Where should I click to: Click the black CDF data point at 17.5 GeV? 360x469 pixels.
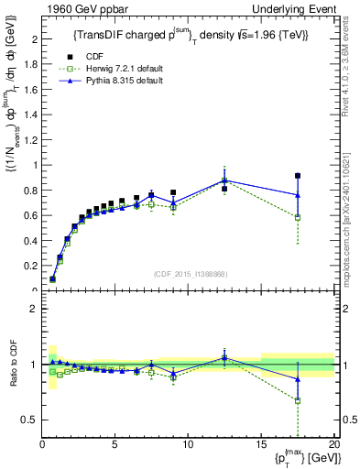click(298, 176)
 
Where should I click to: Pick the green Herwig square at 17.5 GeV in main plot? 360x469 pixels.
click(298, 217)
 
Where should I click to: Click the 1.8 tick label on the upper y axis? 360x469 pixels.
click(29, 64)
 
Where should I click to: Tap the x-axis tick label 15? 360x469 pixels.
click(261, 444)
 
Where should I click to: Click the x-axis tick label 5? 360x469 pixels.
click(115, 444)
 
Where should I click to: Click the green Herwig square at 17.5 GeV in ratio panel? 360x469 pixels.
click(298, 400)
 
